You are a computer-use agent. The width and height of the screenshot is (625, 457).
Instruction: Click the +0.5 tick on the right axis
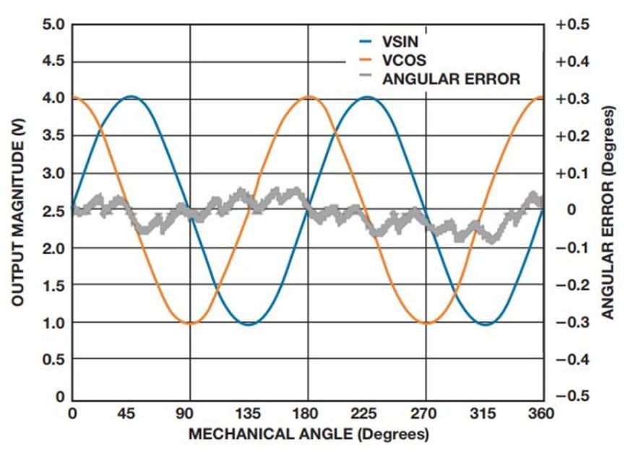click(x=572, y=25)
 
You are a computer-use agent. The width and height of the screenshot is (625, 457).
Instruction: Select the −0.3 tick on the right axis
click(x=572, y=323)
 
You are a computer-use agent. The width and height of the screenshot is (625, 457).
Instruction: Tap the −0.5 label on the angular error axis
click(x=572, y=397)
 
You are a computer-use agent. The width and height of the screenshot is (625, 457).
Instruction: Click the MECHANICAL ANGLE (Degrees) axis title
click(x=308, y=435)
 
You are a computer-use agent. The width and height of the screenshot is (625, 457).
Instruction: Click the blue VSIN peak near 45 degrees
click(x=131, y=96)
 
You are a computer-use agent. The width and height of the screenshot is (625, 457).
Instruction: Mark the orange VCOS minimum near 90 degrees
click(x=190, y=323)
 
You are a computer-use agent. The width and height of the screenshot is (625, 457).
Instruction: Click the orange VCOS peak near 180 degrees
click(x=309, y=96)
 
